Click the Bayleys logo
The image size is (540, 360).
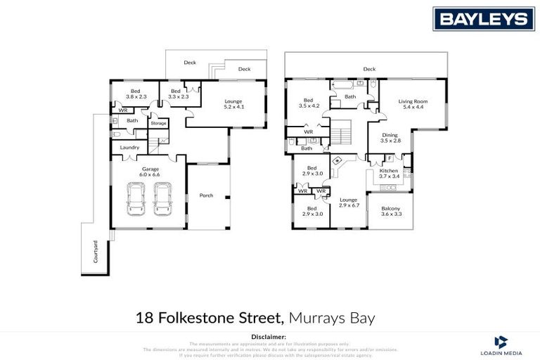[483, 18]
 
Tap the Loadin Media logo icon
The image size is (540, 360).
[501, 342]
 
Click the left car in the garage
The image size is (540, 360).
[136, 199]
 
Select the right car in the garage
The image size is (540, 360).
[162, 199]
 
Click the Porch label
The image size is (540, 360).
[206, 195]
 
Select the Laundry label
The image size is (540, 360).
[129, 147]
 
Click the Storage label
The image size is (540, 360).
[158, 123]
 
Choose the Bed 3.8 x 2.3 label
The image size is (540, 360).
[136, 94]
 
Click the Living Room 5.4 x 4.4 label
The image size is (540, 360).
[413, 104]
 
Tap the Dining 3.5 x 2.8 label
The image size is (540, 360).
[390, 138]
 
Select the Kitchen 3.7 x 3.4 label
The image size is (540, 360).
[389, 173]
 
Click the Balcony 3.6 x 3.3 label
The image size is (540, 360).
[390, 211]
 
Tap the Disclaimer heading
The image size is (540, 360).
[270, 336]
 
